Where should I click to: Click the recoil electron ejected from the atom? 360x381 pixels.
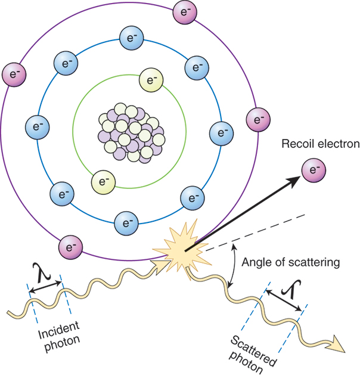[314, 171]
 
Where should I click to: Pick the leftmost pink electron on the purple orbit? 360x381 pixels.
[13, 74]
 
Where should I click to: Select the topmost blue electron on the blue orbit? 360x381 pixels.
[129, 37]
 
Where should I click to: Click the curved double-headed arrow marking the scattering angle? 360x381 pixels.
[232, 266]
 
